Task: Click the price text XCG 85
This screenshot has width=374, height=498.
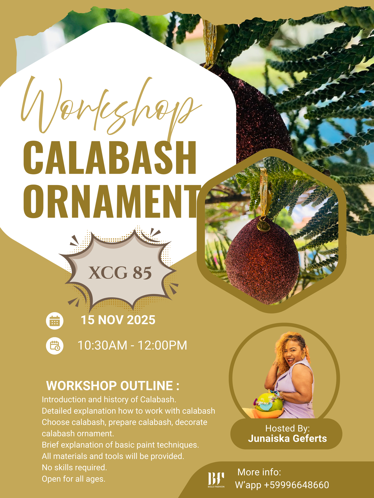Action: [x=120, y=273]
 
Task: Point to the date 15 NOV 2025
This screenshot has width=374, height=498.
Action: [x=118, y=320]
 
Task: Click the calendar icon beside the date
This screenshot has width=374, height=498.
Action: [x=55, y=321]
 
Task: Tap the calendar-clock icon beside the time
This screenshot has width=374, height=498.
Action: [x=55, y=346]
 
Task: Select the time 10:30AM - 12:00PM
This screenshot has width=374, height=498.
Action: [x=132, y=345]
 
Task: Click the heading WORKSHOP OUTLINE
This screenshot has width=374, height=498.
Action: [x=113, y=386]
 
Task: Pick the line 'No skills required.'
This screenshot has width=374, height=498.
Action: [x=74, y=467]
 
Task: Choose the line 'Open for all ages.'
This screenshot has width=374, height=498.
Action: [x=74, y=479]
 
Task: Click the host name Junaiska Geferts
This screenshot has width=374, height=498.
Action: [x=287, y=438]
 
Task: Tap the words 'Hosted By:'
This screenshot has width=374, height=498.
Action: [x=287, y=428]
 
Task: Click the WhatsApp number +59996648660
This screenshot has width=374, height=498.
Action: [x=296, y=485]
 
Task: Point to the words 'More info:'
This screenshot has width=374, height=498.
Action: [x=259, y=472]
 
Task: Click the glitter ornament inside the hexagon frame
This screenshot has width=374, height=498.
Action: [x=262, y=261]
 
